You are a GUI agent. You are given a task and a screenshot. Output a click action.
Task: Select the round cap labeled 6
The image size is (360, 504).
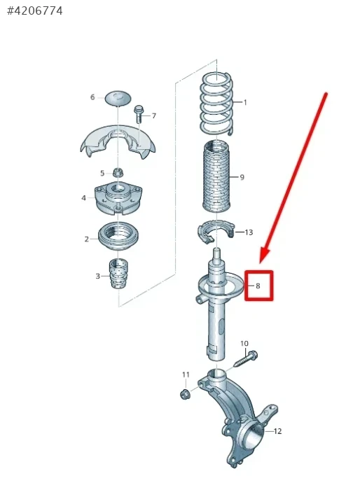tap(118, 98)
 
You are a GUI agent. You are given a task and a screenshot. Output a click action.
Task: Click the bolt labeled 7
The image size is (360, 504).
tap(139, 113)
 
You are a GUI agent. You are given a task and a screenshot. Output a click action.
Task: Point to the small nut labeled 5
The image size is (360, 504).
tap(118, 173)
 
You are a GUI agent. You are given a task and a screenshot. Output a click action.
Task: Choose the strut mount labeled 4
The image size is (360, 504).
tap(118, 198)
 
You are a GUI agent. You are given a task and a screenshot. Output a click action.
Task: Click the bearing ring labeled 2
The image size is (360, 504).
tap(118, 237)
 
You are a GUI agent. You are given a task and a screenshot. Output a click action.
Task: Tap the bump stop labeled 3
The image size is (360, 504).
tap(119, 273)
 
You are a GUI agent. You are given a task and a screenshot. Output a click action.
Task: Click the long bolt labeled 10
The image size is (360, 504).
tap(245, 359)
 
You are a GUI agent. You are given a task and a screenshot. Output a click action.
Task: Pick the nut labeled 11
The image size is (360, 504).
tap(186, 393)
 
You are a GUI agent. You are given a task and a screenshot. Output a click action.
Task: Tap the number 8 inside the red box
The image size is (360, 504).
tap(258, 286)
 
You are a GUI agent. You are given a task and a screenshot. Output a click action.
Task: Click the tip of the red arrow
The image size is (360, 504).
tap(261, 263)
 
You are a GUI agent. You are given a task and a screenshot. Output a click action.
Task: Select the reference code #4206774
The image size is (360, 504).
tap(35, 11)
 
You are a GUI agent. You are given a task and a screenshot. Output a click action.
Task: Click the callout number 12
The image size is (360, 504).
tap(277, 431)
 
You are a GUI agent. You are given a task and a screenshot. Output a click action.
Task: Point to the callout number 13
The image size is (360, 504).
tap(249, 232)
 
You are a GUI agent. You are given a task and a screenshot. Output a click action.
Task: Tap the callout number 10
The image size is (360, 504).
tap(244, 344)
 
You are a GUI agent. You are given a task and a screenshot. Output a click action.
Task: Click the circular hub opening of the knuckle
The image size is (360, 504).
tap(255, 436)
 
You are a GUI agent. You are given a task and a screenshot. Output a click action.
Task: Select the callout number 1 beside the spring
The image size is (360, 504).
tap(245, 102)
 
